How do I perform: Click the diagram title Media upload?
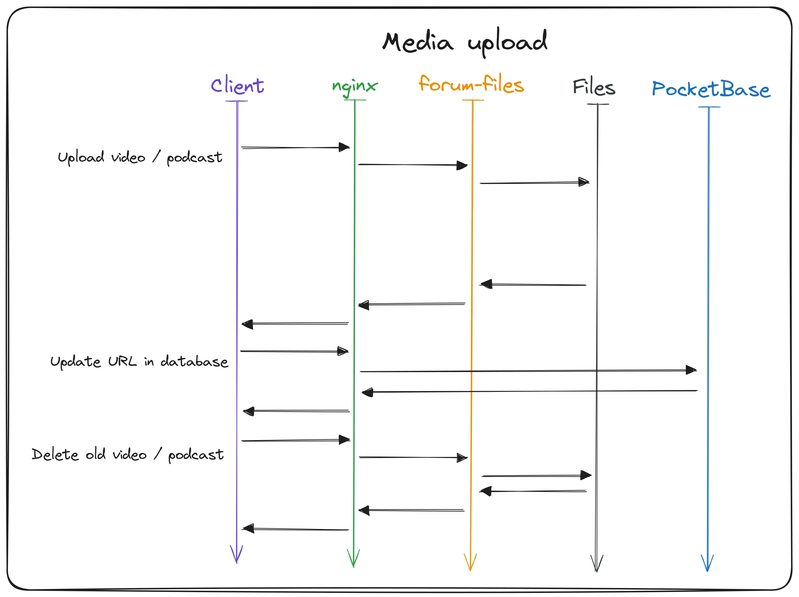(x=465, y=42)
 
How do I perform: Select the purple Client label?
(x=237, y=86)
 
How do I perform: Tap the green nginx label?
(x=355, y=86)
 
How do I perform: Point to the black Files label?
(x=594, y=87)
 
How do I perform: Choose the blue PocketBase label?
(x=711, y=89)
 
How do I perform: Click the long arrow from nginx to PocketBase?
(x=527, y=371)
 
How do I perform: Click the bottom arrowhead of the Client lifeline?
(x=237, y=555)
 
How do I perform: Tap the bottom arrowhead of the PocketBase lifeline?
(x=707, y=564)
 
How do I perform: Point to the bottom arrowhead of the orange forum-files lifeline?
(x=470, y=563)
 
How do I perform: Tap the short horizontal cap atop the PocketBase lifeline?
(x=709, y=107)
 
